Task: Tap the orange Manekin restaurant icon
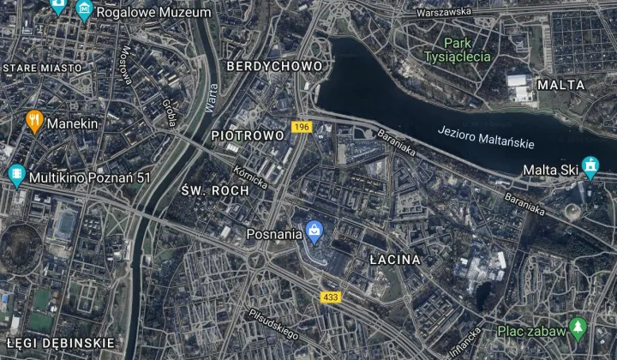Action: pyautogui.click(x=34, y=123)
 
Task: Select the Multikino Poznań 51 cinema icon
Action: pyautogui.click(x=16, y=177)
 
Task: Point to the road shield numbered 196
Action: pyautogui.click(x=300, y=127)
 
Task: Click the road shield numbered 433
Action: pyautogui.click(x=330, y=297)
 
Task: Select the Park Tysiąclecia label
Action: pyautogui.click(x=457, y=50)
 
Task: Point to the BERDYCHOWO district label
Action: pyautogui.click(x=274, y=66)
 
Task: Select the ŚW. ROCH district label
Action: pyautogui.click(x=215, y=189)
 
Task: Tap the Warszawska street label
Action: pyautogui.click(x=442, y=12)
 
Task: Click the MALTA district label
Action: pyautogui.click(x=560, y=85)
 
